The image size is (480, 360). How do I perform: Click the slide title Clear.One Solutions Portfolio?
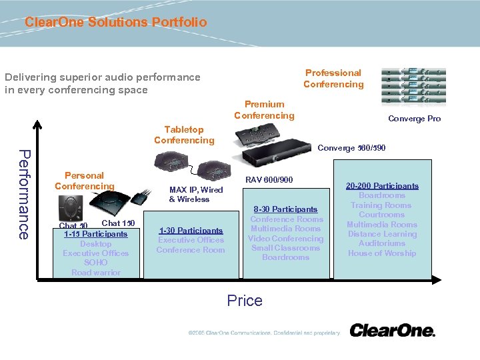115,22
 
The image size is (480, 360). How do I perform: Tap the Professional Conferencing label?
333,79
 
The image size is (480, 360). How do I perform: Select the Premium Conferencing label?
264,110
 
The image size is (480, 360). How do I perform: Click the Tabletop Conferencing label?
184,135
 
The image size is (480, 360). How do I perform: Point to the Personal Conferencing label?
85,181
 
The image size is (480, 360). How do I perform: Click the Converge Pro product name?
414,119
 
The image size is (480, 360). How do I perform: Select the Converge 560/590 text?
351,148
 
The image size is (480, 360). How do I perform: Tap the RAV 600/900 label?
269,180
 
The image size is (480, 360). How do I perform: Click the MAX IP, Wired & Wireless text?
196,195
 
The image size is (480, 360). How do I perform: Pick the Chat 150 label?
118,223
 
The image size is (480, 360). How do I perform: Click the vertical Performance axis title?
23,195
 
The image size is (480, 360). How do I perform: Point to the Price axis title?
245,301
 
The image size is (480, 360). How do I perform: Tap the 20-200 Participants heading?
383,186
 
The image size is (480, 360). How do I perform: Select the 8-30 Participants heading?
285,209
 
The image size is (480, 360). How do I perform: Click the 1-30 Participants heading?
191,231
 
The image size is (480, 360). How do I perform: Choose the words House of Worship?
382,253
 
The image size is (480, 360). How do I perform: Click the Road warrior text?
96,273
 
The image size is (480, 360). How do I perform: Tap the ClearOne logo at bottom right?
392,331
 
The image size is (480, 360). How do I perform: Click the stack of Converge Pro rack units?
413,85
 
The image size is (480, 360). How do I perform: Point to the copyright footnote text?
263,333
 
